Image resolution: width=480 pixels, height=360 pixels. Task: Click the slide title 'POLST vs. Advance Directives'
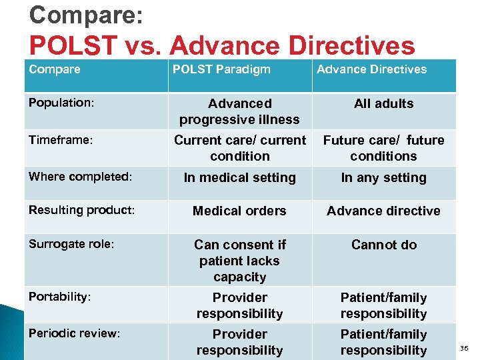tap(222, 45)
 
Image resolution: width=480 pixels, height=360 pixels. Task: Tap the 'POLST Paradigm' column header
tap(221, 69)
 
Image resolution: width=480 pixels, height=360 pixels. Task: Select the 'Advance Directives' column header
tap(371, 69)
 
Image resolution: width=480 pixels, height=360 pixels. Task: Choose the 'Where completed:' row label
tap(81, 177)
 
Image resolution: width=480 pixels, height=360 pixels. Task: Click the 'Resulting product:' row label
tap(81, 210)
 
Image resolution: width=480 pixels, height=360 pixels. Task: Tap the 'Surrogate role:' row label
tap(71, 244)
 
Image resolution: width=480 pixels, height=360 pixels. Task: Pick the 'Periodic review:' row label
tap(74, 333)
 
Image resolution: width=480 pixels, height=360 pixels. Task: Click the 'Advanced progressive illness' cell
tap(239, 111)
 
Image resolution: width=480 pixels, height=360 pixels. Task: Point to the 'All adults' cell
tap(383, 103)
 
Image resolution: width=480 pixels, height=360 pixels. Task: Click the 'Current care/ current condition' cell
tap(239, 148)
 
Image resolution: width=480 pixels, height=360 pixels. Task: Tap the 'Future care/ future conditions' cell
tap(383, 148)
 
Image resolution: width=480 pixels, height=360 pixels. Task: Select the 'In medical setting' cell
tap(239, 177)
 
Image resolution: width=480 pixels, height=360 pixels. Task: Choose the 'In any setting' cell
tap(383, 177)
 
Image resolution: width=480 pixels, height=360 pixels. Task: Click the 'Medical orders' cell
tap(239, 211)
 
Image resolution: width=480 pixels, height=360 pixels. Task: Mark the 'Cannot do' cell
tap(383, 245)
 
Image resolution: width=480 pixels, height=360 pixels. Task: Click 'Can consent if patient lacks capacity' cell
tap(239, 261)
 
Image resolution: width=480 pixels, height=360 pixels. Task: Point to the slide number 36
tap(465, 348)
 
